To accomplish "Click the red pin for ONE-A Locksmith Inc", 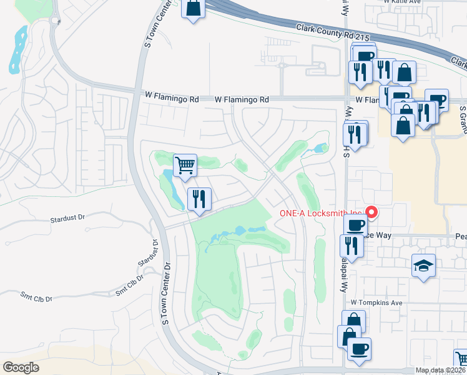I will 371,212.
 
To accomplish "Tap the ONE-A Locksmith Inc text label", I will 320,213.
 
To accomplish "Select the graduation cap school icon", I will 424,266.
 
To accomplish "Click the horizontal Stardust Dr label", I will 67,219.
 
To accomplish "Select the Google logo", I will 21,367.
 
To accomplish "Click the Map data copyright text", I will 440,370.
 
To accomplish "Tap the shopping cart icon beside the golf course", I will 185,166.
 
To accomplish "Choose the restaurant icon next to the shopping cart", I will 199,199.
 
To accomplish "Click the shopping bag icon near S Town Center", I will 193,9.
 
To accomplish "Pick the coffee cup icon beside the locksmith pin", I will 355,224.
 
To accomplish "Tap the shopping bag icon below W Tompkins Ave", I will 353,321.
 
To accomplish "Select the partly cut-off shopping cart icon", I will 461,359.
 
